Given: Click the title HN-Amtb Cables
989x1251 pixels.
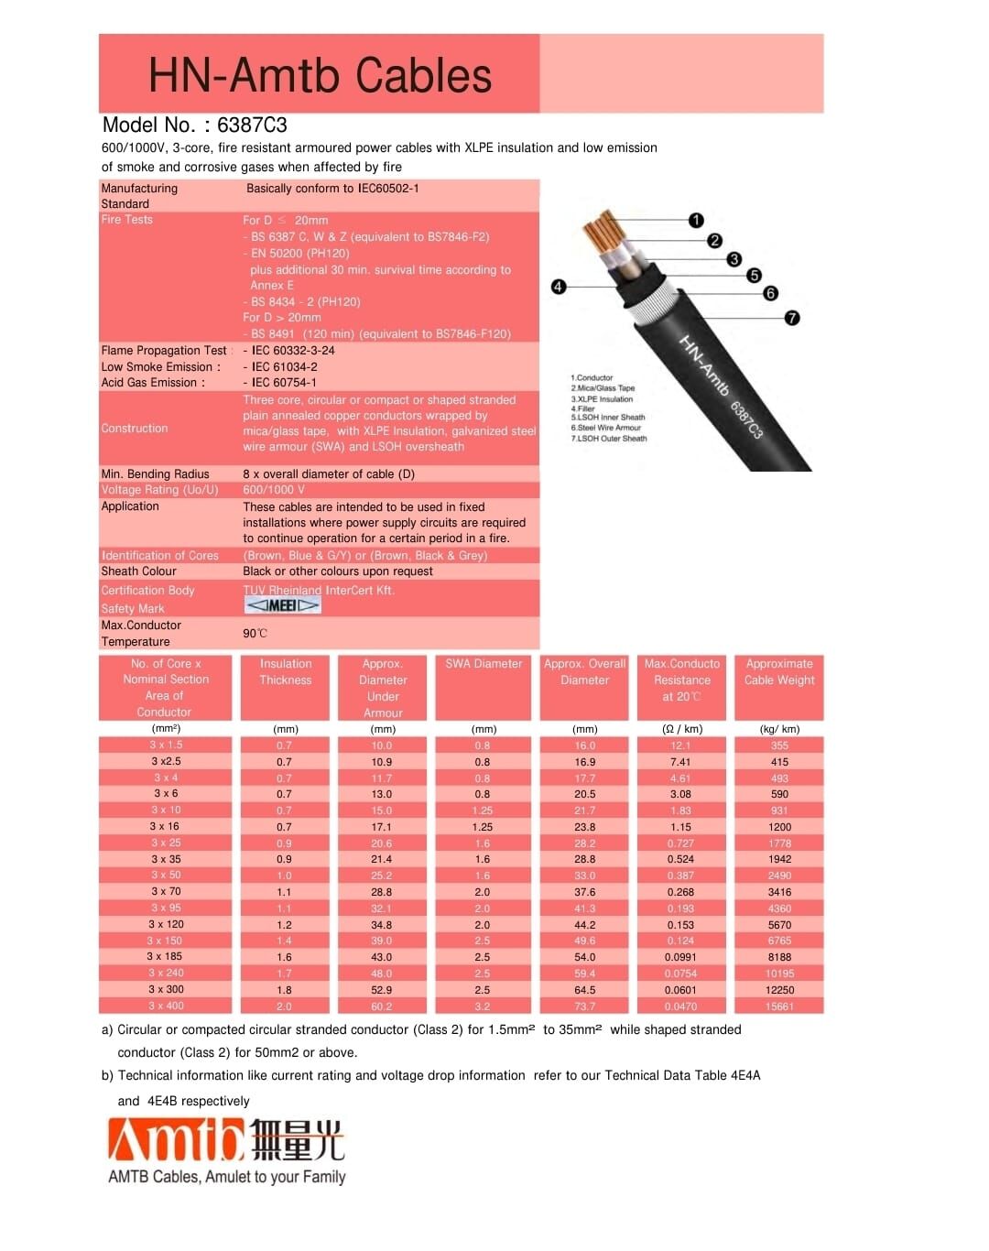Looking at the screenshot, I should (x=320, y=75).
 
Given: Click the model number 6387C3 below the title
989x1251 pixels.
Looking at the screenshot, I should (x=252, y=125).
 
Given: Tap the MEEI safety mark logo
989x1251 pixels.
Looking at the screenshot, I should (x=283, y=605).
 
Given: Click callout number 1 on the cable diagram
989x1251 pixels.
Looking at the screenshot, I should (x=696, y=220).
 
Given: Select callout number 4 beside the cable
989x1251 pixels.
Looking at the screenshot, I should (x=559, y=287).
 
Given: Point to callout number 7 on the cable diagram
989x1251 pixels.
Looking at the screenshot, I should (x=792, y=318).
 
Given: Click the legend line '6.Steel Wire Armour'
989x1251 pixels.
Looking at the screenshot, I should (x=606, y=428).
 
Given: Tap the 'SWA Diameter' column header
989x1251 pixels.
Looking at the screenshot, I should (x=484, y=664).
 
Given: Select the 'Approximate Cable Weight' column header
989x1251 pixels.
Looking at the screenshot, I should (x=779, y=672).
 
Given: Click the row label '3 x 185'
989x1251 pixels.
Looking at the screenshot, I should (x=165, y=956).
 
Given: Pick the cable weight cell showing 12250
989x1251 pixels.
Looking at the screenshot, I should (x=779, y=990).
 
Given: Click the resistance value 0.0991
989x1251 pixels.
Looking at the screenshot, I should (x=680, y=957).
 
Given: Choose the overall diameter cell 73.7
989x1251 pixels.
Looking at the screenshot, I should (x=584, y=1006).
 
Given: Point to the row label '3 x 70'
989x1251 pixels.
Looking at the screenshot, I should (x=166, y=891).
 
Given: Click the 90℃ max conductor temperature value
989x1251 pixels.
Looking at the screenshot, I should (x=255, y=634).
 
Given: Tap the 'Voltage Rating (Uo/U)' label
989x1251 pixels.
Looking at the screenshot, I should (x=160, y=490).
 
